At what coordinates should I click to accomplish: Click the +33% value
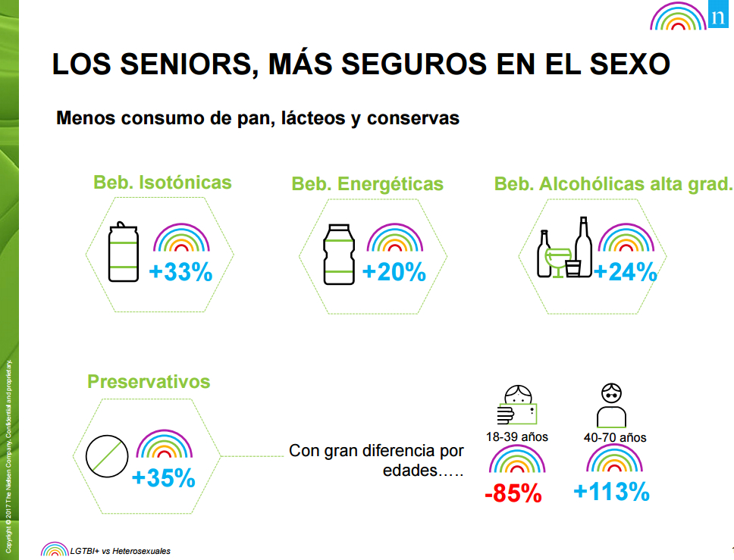[x=180, y=273]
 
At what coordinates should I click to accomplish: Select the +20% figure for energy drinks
[x=394, y=273]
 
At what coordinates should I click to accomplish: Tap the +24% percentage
[x=625, y=273]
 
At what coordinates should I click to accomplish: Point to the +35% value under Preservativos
[x=163, y=479]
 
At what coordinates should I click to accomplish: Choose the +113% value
[x=611, y=493]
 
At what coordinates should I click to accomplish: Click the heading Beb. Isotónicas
[x=162, y=183]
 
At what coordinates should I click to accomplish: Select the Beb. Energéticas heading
[x=368, y=184]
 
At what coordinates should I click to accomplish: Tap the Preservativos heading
[x=149, y=381]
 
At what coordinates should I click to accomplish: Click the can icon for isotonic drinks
[x=123, y=253]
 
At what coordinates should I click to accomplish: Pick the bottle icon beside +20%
[x=339, y=254]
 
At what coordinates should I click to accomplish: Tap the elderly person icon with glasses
[x=611, y=406]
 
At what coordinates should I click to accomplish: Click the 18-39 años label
[x=517, y=437]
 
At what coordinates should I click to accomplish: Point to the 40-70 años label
[x=615, y=438]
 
